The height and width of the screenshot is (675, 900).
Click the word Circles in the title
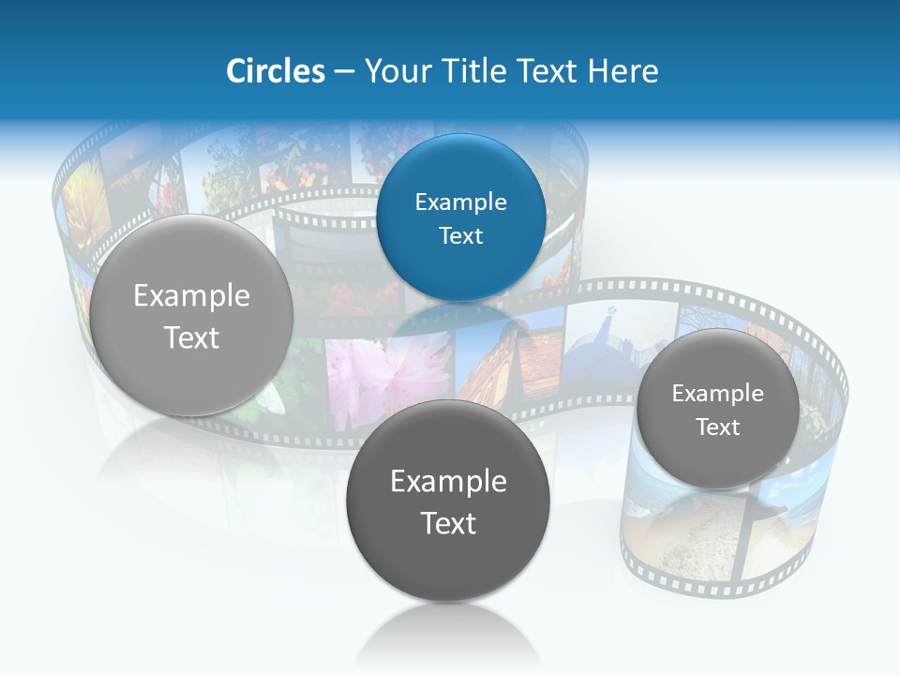[x=275, y=71]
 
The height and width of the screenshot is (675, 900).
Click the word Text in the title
[x=548, y=71]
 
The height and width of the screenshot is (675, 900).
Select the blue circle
[x=461, y=217]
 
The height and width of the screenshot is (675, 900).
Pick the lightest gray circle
[x=191, y=315]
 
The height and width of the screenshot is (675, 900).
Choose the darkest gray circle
[x=448, y=501]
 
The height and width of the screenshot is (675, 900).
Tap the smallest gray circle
[x=718, y=409]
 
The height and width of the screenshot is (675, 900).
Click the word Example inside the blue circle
[x=461, y=202]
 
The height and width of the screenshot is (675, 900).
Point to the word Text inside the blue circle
[x=461, y=235]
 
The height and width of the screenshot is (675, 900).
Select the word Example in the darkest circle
[x=448, y=481]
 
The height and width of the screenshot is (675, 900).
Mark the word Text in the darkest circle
[x=448, y=523]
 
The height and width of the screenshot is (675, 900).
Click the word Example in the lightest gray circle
[x=191, y=295]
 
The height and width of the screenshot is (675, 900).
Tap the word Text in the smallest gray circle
[x=718, y=427]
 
